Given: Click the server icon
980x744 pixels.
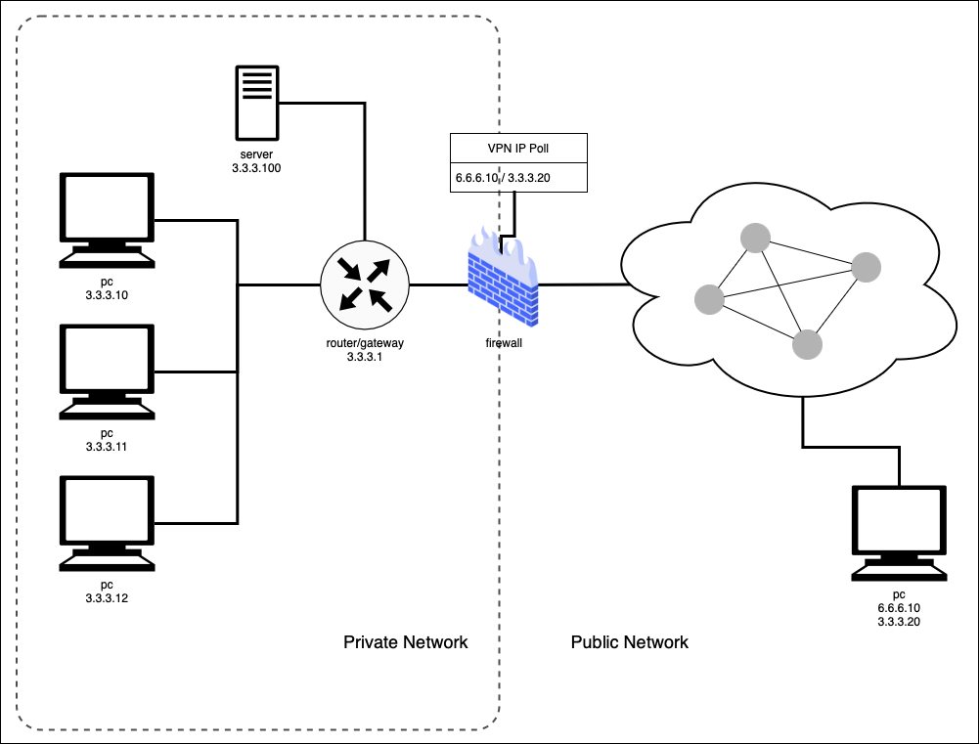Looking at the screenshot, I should (x=256, y=104).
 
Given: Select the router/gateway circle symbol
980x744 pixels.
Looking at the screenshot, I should (x=364, y=284).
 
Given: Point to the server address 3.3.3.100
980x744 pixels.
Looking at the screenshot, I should (x=256, y=168).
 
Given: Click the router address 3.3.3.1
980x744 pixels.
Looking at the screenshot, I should (x=364, y=357).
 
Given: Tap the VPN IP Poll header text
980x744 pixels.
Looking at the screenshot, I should (x=517, y=148).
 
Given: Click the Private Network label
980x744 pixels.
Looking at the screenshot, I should (x=405, y=642).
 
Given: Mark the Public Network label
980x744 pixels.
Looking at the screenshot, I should (x=629, y=642).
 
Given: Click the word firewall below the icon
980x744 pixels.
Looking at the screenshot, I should (x=503, y=343).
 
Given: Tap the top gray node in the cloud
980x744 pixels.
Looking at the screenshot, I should (x=754, y=238).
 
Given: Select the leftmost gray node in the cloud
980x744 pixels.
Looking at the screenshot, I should (x=710, y=299).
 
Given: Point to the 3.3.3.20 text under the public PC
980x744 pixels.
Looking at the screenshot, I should (x=900, y=621).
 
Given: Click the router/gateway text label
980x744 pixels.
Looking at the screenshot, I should (x=364, y=343).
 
